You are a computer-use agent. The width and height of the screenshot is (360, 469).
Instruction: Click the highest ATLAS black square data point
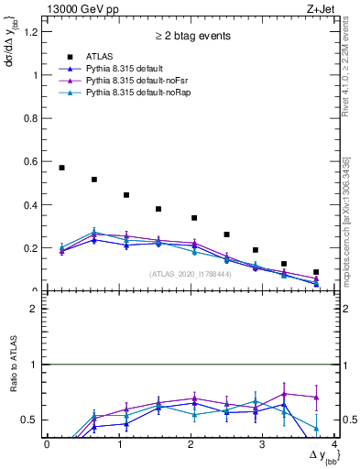[61, 168]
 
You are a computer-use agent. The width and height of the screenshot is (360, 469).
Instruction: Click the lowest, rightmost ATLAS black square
[316, 272]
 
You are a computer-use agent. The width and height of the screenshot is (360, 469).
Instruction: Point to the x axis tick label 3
[262, 444]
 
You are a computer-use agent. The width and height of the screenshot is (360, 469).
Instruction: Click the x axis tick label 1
[118, 444]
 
